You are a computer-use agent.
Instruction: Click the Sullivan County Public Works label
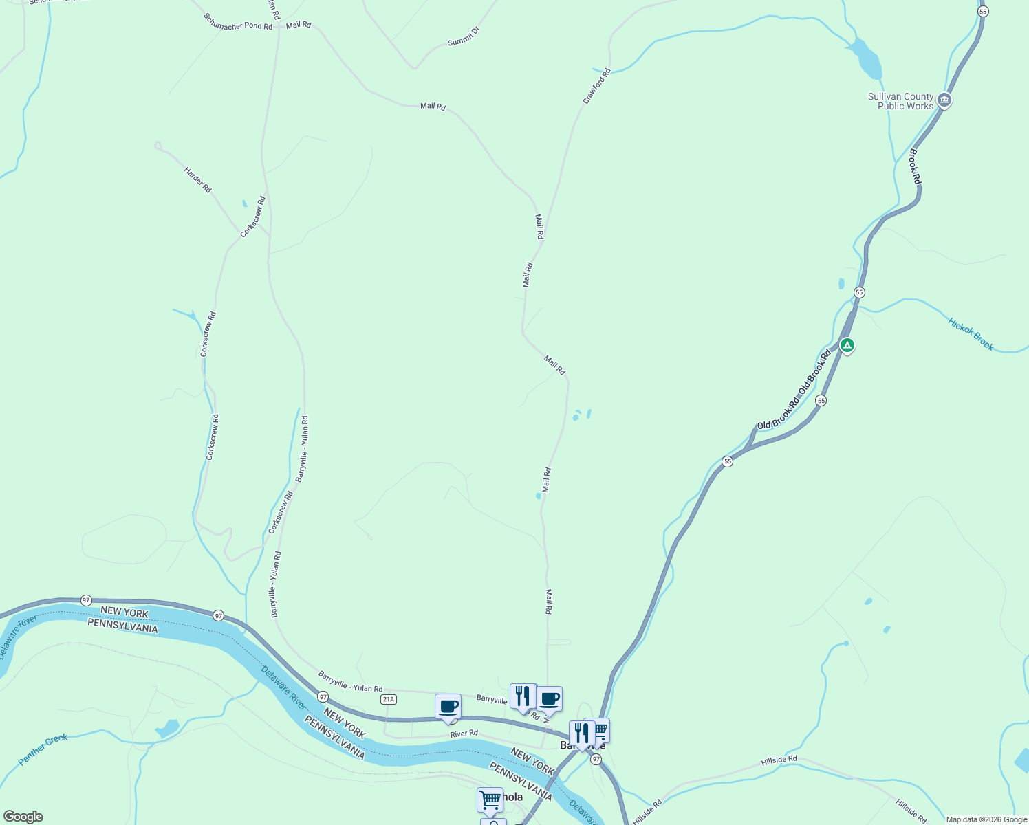(900, 102)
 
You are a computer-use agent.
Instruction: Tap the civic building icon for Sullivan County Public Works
(944, 101)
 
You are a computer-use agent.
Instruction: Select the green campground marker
(847, 345)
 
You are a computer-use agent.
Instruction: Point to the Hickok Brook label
(971, 334)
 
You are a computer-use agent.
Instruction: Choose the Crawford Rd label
(596, 86)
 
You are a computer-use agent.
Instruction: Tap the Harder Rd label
(197, 179)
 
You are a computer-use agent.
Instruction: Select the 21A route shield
(389, 699)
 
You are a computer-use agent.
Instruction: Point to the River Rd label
(464, 734)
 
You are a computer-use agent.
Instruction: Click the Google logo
(23, 817)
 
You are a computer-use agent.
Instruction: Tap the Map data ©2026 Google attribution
(986, 819)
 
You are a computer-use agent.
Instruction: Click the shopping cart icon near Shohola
(490, 800)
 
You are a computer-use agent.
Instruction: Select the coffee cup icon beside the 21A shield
(448, 707)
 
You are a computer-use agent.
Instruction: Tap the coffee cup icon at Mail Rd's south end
(549, 699)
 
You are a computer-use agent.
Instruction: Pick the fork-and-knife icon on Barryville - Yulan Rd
(523, 696)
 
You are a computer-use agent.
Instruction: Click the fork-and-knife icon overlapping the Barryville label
(582, 734)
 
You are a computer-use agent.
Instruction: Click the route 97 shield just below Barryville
(596, 759)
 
